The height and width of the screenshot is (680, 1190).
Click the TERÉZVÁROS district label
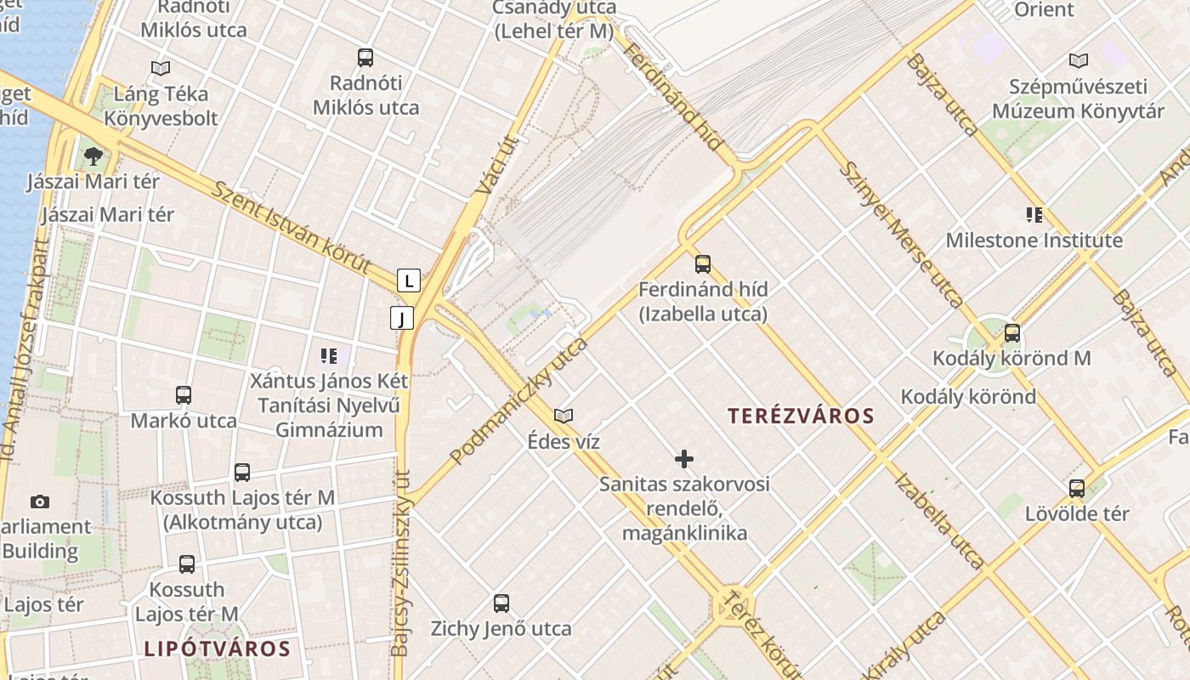point(801,416)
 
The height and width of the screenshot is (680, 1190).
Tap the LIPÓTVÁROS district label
point(217,649)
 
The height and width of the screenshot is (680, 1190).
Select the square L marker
point(409,280)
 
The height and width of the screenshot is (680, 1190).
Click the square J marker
point(401,318)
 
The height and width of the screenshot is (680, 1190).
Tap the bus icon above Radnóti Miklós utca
point(365,58)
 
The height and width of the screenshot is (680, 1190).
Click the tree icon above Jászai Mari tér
point(93,156)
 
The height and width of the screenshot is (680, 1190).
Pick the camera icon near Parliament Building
point(39,501)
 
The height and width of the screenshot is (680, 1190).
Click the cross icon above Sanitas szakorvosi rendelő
point(684,459)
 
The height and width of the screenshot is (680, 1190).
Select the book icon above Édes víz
point(564,416)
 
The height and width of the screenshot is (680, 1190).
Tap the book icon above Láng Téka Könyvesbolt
point(160,68)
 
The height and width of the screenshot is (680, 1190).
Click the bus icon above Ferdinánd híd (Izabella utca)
point(703,263)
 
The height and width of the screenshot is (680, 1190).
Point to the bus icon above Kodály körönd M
point(1011,332)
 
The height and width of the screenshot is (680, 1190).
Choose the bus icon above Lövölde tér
point(1077,488)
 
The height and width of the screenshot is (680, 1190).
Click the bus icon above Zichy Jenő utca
point(501,603)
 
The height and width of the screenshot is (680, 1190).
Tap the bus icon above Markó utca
point(184,394)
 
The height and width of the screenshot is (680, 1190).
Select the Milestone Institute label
point(1034,241)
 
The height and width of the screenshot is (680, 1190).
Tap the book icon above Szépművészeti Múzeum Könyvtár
point(1078,60)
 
